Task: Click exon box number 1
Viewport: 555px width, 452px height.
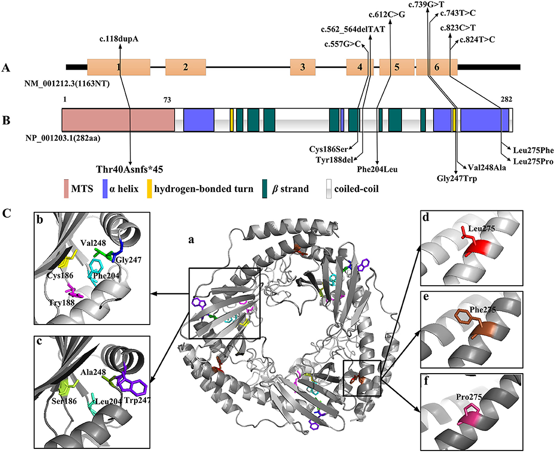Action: (119, 67)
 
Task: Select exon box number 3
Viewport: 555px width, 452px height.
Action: (303, 67)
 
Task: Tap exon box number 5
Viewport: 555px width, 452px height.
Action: (397, 67)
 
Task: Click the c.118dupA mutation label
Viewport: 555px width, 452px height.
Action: (119, 38)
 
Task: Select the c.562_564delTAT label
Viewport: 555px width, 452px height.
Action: (353, 29)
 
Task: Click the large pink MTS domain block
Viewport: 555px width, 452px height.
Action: (118, 119)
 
